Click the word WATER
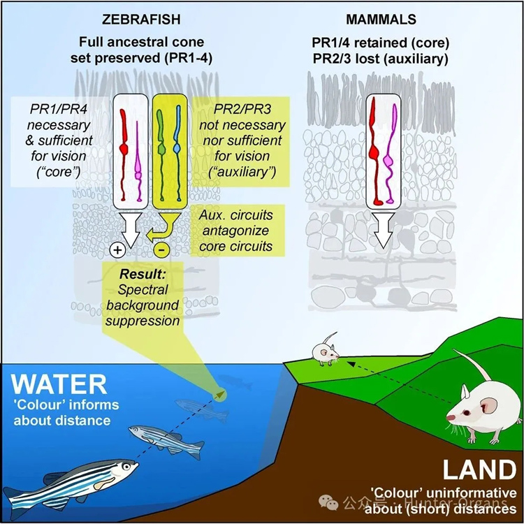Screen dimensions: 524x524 point(60,384)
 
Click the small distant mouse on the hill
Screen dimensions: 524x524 point(324,349)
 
